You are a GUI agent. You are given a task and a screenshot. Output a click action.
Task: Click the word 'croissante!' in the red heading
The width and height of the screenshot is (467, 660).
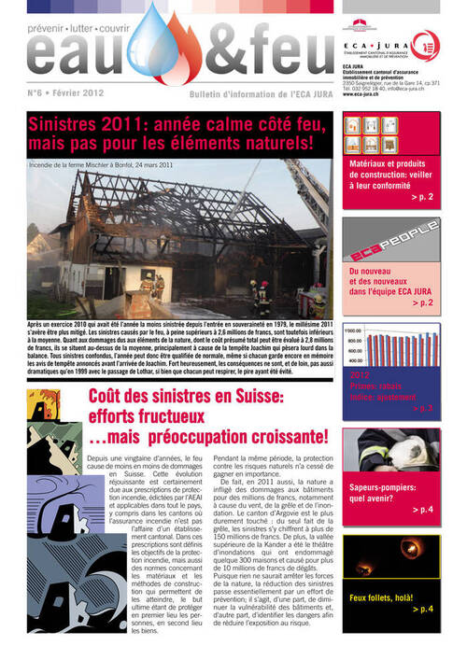pos(281,436)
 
